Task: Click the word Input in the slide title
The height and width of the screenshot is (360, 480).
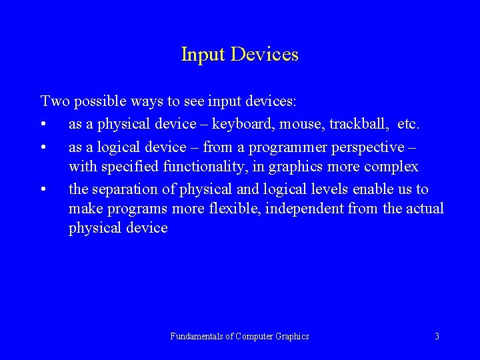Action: tap(203, 55)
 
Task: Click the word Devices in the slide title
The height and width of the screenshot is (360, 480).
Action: tap(265, 55)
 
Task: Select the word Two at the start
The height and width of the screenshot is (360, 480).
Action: tap(55, 101)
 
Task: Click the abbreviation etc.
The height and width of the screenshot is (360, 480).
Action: tap(408, 125)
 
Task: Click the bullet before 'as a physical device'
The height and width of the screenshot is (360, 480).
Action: tap(44, 125)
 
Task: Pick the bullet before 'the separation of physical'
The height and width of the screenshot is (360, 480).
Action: tap(44, 189)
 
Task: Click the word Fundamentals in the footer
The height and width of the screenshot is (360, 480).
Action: tap(197, 337)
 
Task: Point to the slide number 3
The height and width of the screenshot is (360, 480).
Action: tap(437, 337)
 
